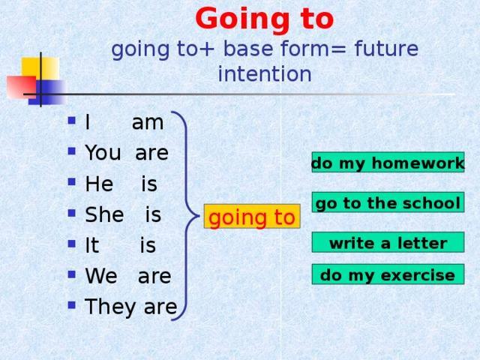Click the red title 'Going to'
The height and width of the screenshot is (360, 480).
[x=265, y=19]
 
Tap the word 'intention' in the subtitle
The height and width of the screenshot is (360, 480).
[x=265, y=74]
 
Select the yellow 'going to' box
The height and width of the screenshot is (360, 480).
[x=252, y=217]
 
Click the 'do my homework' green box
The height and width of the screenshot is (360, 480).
[x=388, y=162]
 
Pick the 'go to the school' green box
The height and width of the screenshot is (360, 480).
[x=388, y=202]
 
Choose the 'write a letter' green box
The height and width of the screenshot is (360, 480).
[x=388, y=242]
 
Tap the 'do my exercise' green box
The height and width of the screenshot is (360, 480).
[x=388, y=274]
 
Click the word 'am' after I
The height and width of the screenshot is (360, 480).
[x=148, y=123]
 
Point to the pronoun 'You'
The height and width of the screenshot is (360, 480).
[x=103, y=152]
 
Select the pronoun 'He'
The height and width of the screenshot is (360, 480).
[x=99, y=184]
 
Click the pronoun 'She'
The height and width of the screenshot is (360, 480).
[x=104, y=214]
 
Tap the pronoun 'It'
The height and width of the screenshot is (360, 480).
[x=91, y=245]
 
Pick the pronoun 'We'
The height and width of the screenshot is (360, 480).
[x=101, y=275]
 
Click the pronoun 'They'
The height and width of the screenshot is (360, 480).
[x=110, y=307]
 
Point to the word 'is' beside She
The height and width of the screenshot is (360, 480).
[x=153, y=214]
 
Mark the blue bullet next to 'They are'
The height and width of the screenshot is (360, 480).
[x=72, y=304]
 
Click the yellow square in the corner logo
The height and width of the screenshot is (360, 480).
[x=40, y=68]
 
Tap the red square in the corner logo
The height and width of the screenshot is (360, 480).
[x=22, y=87]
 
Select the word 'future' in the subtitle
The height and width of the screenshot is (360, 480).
[x=386, y=49]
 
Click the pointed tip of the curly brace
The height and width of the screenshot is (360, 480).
[x=199, y=216]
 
